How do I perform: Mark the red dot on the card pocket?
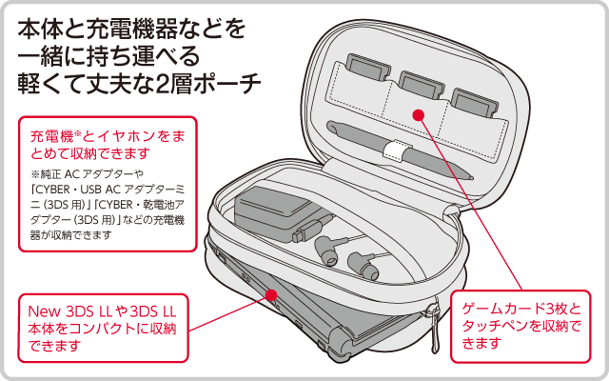coord(418,115)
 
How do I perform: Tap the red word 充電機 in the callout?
coord(50,133)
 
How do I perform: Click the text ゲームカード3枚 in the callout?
coord(520,311)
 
